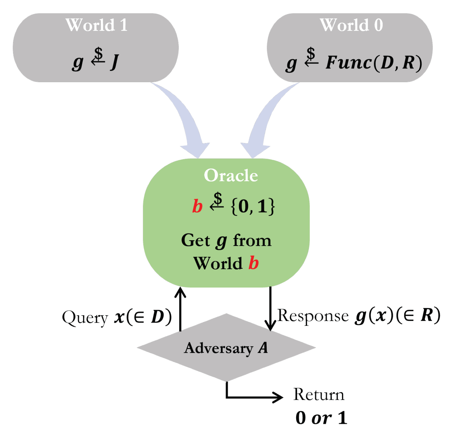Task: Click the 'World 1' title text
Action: point(96,25)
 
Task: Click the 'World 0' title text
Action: point(351,25)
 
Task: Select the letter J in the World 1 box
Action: point(115,62)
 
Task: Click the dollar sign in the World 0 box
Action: point(311,53)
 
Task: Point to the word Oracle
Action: point(231,175)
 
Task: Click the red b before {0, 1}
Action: point(197,206)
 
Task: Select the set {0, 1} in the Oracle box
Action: point(253,207)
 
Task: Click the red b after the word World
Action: point(253,263)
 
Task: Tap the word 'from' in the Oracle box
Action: point(252,241)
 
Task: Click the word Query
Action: point(85,318)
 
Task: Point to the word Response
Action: point(313,315)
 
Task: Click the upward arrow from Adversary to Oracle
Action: point(180,309)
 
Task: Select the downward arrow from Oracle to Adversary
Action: point(270,309)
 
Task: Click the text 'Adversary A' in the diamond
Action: point(226,348)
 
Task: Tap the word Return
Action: point(319,394)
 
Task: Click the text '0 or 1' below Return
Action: point(321,418)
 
